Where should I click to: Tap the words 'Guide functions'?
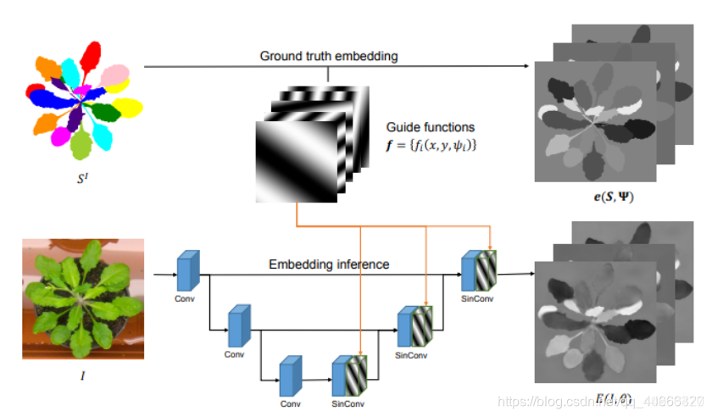coord(430,127)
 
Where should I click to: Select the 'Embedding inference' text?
coord(329,264)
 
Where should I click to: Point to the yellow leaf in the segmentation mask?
coord(129,108)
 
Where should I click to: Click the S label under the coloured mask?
coord(82,180)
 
